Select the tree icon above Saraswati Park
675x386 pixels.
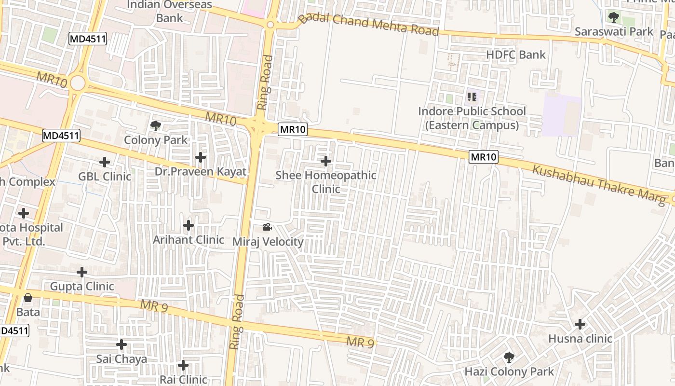[x=613, y=17]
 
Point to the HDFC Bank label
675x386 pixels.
[x=516, y=55]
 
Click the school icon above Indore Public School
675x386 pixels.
[x=472, y=97]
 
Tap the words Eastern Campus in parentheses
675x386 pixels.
[x=472, y=125]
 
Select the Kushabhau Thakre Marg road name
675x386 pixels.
[x=598, y=184]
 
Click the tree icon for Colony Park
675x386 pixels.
[x=155, y=126]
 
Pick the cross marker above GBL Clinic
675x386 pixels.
[x=105, y=162]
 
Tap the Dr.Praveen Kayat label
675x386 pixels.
[x=200, y=172]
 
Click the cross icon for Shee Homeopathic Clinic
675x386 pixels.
[x=326, y=161]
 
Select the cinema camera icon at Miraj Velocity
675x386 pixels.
[x=268, y=227]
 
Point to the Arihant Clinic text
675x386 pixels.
[x=189, y=240]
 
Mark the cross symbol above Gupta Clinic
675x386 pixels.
[x=82, y=272]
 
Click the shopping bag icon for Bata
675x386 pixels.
[x=28, y=298]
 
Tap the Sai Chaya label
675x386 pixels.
[x=121, y=359]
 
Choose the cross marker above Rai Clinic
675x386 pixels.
[x=183, y=365]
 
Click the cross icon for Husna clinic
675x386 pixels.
[x=580, y=324]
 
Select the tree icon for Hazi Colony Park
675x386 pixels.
[x=509, y=358]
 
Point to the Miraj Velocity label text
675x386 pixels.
[x=268, y=242]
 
